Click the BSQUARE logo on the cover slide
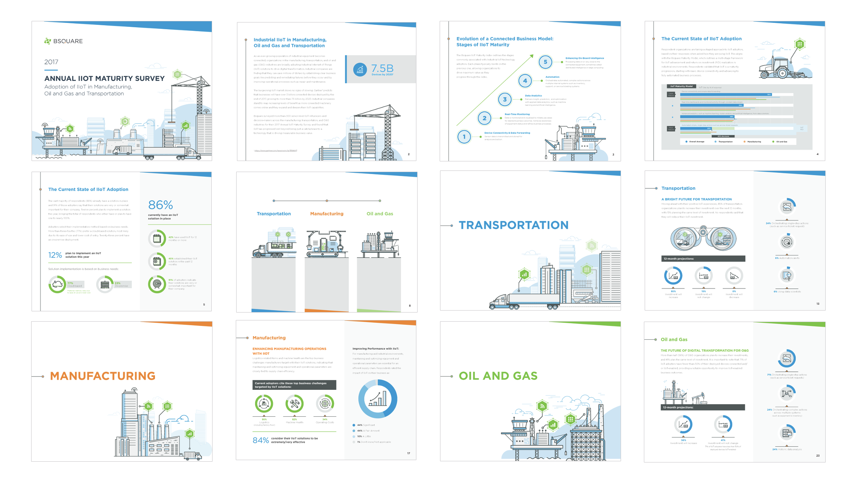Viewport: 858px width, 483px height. click(63, 41)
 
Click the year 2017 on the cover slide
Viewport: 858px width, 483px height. click(51, 62)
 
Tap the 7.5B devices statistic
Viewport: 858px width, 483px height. click(382, 69)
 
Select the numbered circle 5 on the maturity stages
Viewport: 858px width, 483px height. click(545, 62)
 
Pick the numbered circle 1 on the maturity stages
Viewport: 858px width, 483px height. click(464, 137)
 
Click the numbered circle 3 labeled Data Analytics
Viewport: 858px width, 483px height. click(505, 99)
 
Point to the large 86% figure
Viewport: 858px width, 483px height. click(160, 205)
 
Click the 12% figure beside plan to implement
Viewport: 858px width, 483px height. click(55, 255)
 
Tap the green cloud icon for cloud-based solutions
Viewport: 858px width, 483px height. click(57, 284)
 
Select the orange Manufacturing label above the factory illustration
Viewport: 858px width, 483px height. click(326, 213)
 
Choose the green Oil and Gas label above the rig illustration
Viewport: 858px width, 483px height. click(380, 213)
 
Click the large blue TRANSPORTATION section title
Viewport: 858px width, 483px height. click(513, 225)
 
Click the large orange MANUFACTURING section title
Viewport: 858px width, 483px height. click(103, 376)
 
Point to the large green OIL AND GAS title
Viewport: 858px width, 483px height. click(498, 376)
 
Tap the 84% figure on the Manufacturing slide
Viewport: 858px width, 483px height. click(261, 440)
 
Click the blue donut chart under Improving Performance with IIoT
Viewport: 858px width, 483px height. click(378, 399)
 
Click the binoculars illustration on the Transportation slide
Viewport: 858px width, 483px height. click(703, 238)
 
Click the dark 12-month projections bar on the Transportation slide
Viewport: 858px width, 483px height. click(703, 258)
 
